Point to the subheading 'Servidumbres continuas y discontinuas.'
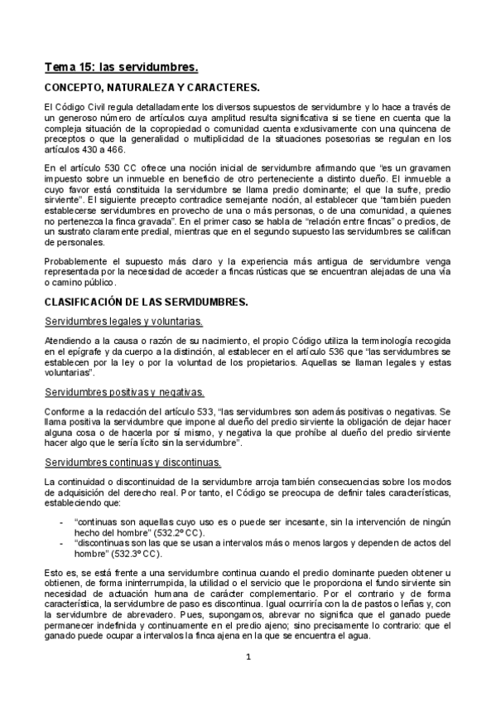pos(132,461)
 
